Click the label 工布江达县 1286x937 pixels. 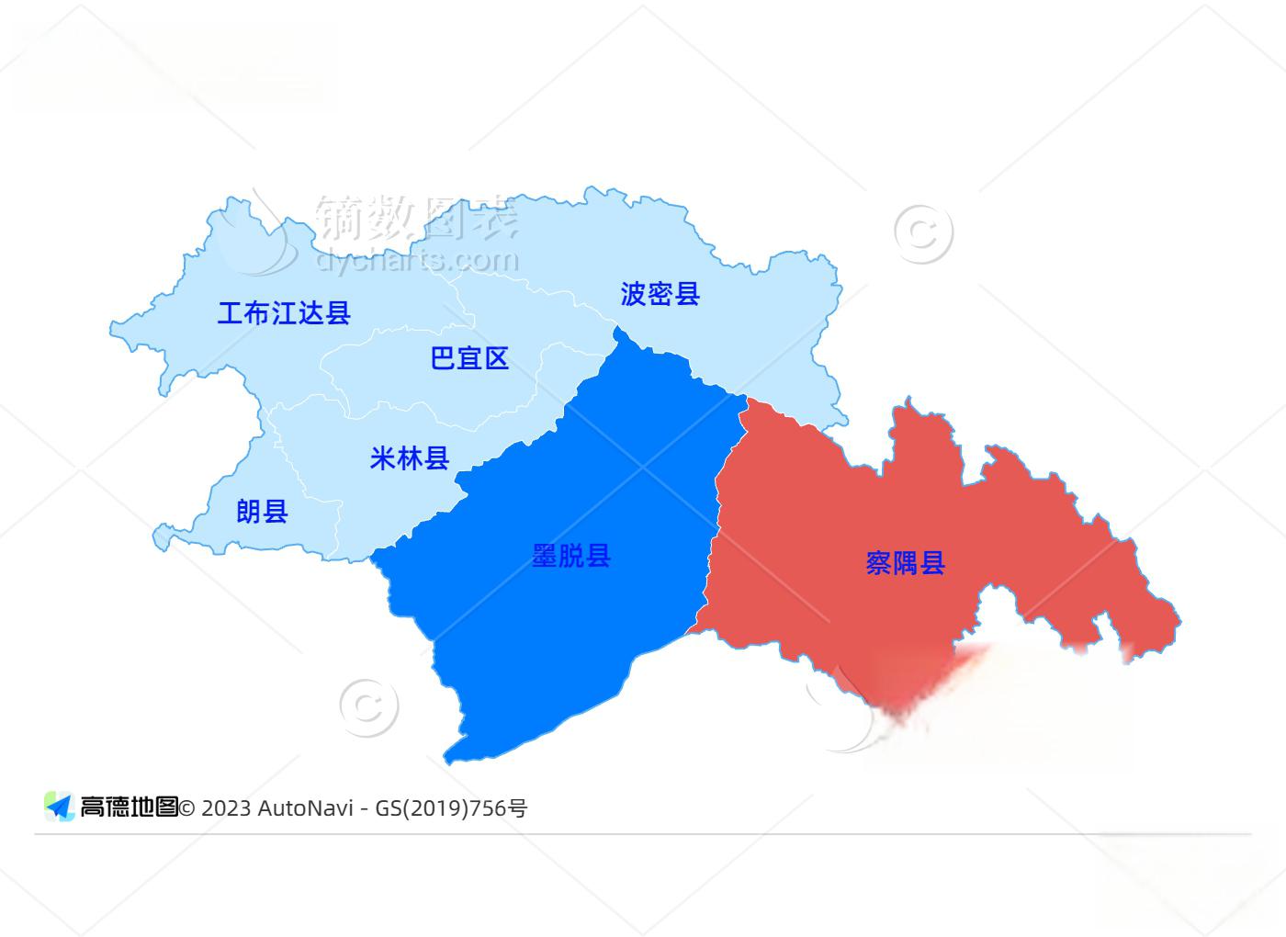coord(284,313)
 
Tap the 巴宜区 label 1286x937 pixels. coord(469,358)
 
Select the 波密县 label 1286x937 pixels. coord(660,294)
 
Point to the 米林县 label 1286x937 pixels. coord(409,457)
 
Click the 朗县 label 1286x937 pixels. coord(262,511)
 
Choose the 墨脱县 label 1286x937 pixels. coord(571,556)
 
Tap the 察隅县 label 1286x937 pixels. coord(905,562)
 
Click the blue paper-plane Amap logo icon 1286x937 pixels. coord(60,807)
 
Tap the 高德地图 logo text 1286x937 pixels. coord(128,807)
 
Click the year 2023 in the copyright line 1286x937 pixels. coord(225,808)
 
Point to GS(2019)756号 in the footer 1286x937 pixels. coord(450,808)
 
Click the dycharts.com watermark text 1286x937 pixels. coord(418,261)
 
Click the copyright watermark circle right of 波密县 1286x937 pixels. coord(923,233)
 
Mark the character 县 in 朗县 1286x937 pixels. coord(276,511)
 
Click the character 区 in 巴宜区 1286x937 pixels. coord(496,358)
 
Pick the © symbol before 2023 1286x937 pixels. coord(187,808)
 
